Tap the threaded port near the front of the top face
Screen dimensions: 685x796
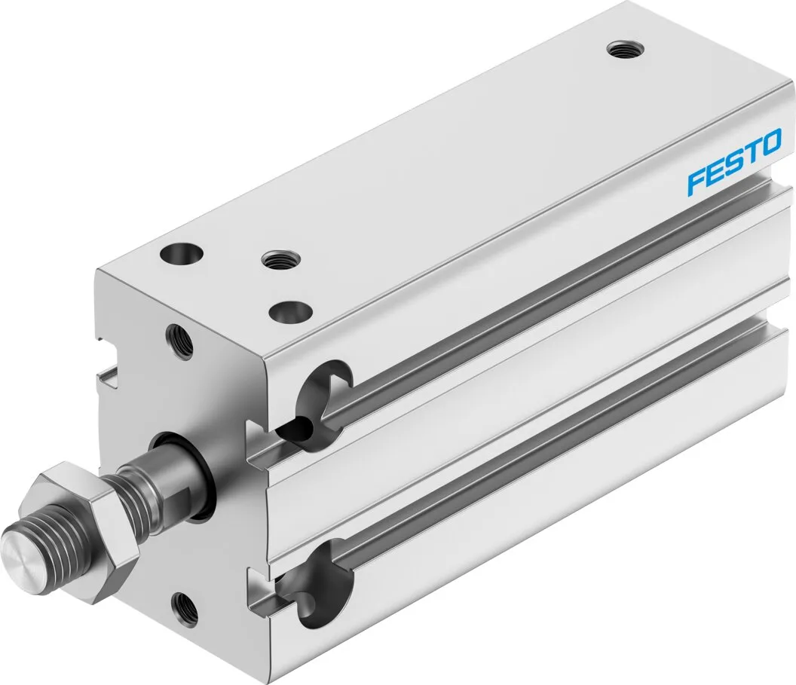[x=274, y=261]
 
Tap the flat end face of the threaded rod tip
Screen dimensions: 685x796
[x=23, y=555]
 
